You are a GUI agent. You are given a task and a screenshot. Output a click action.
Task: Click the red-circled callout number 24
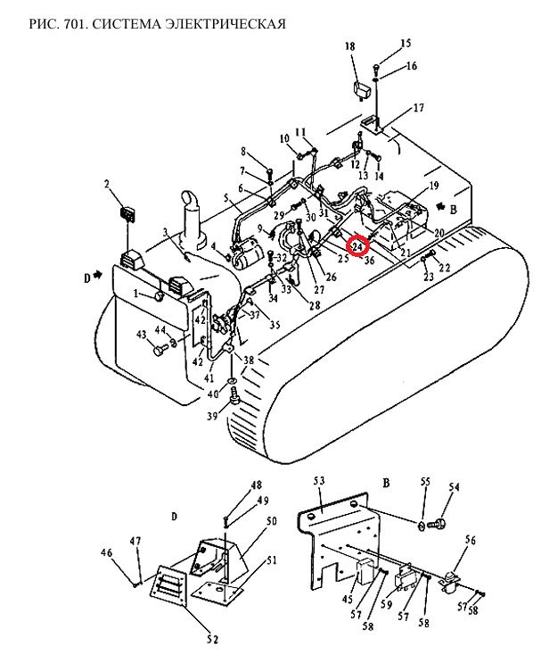357,246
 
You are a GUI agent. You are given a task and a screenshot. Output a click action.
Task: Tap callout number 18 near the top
350,46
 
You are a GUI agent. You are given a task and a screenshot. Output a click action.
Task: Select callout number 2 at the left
107,184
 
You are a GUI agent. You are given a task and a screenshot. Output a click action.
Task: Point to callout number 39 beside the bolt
212,416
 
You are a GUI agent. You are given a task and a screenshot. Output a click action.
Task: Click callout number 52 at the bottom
213,639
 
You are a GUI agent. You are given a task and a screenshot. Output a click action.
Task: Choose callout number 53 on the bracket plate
319,481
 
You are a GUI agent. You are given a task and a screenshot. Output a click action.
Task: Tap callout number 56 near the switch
470,540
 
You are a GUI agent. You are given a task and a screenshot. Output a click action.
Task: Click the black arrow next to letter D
98,275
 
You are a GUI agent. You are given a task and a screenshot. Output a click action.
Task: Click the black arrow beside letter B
441,206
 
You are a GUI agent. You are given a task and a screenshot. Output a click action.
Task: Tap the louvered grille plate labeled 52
168,586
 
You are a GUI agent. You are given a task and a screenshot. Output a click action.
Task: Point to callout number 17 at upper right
418,108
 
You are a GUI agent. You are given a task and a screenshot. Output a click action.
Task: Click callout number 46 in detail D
106,552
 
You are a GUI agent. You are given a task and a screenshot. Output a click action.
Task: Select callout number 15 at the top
406,43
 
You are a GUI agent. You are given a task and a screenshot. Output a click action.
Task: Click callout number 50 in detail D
272,521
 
